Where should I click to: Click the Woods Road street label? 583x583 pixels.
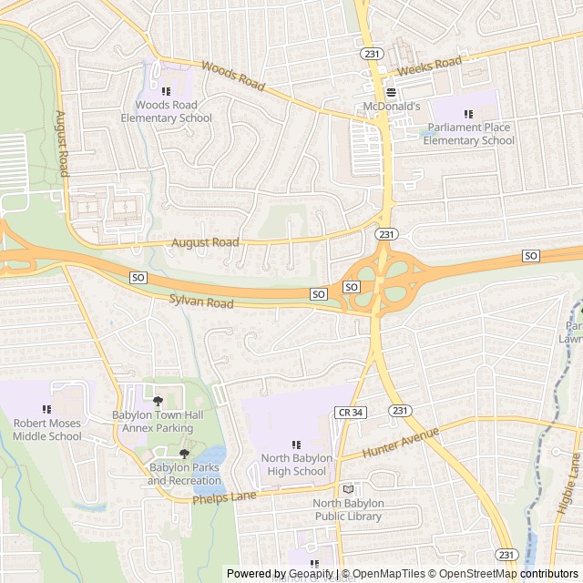(232, 77)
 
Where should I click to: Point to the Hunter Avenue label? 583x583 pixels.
(400, 441)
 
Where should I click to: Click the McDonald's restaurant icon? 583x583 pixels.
(391, 92)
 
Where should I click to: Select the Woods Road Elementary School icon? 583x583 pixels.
(166, 91)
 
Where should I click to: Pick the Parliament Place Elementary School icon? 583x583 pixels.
(468, 114)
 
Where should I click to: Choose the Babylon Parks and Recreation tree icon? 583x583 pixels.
(184, 453)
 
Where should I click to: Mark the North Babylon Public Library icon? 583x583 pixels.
(347, 489)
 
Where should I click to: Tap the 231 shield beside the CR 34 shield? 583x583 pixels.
(399, 412)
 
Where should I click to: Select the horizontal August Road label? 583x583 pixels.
(206, 242)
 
